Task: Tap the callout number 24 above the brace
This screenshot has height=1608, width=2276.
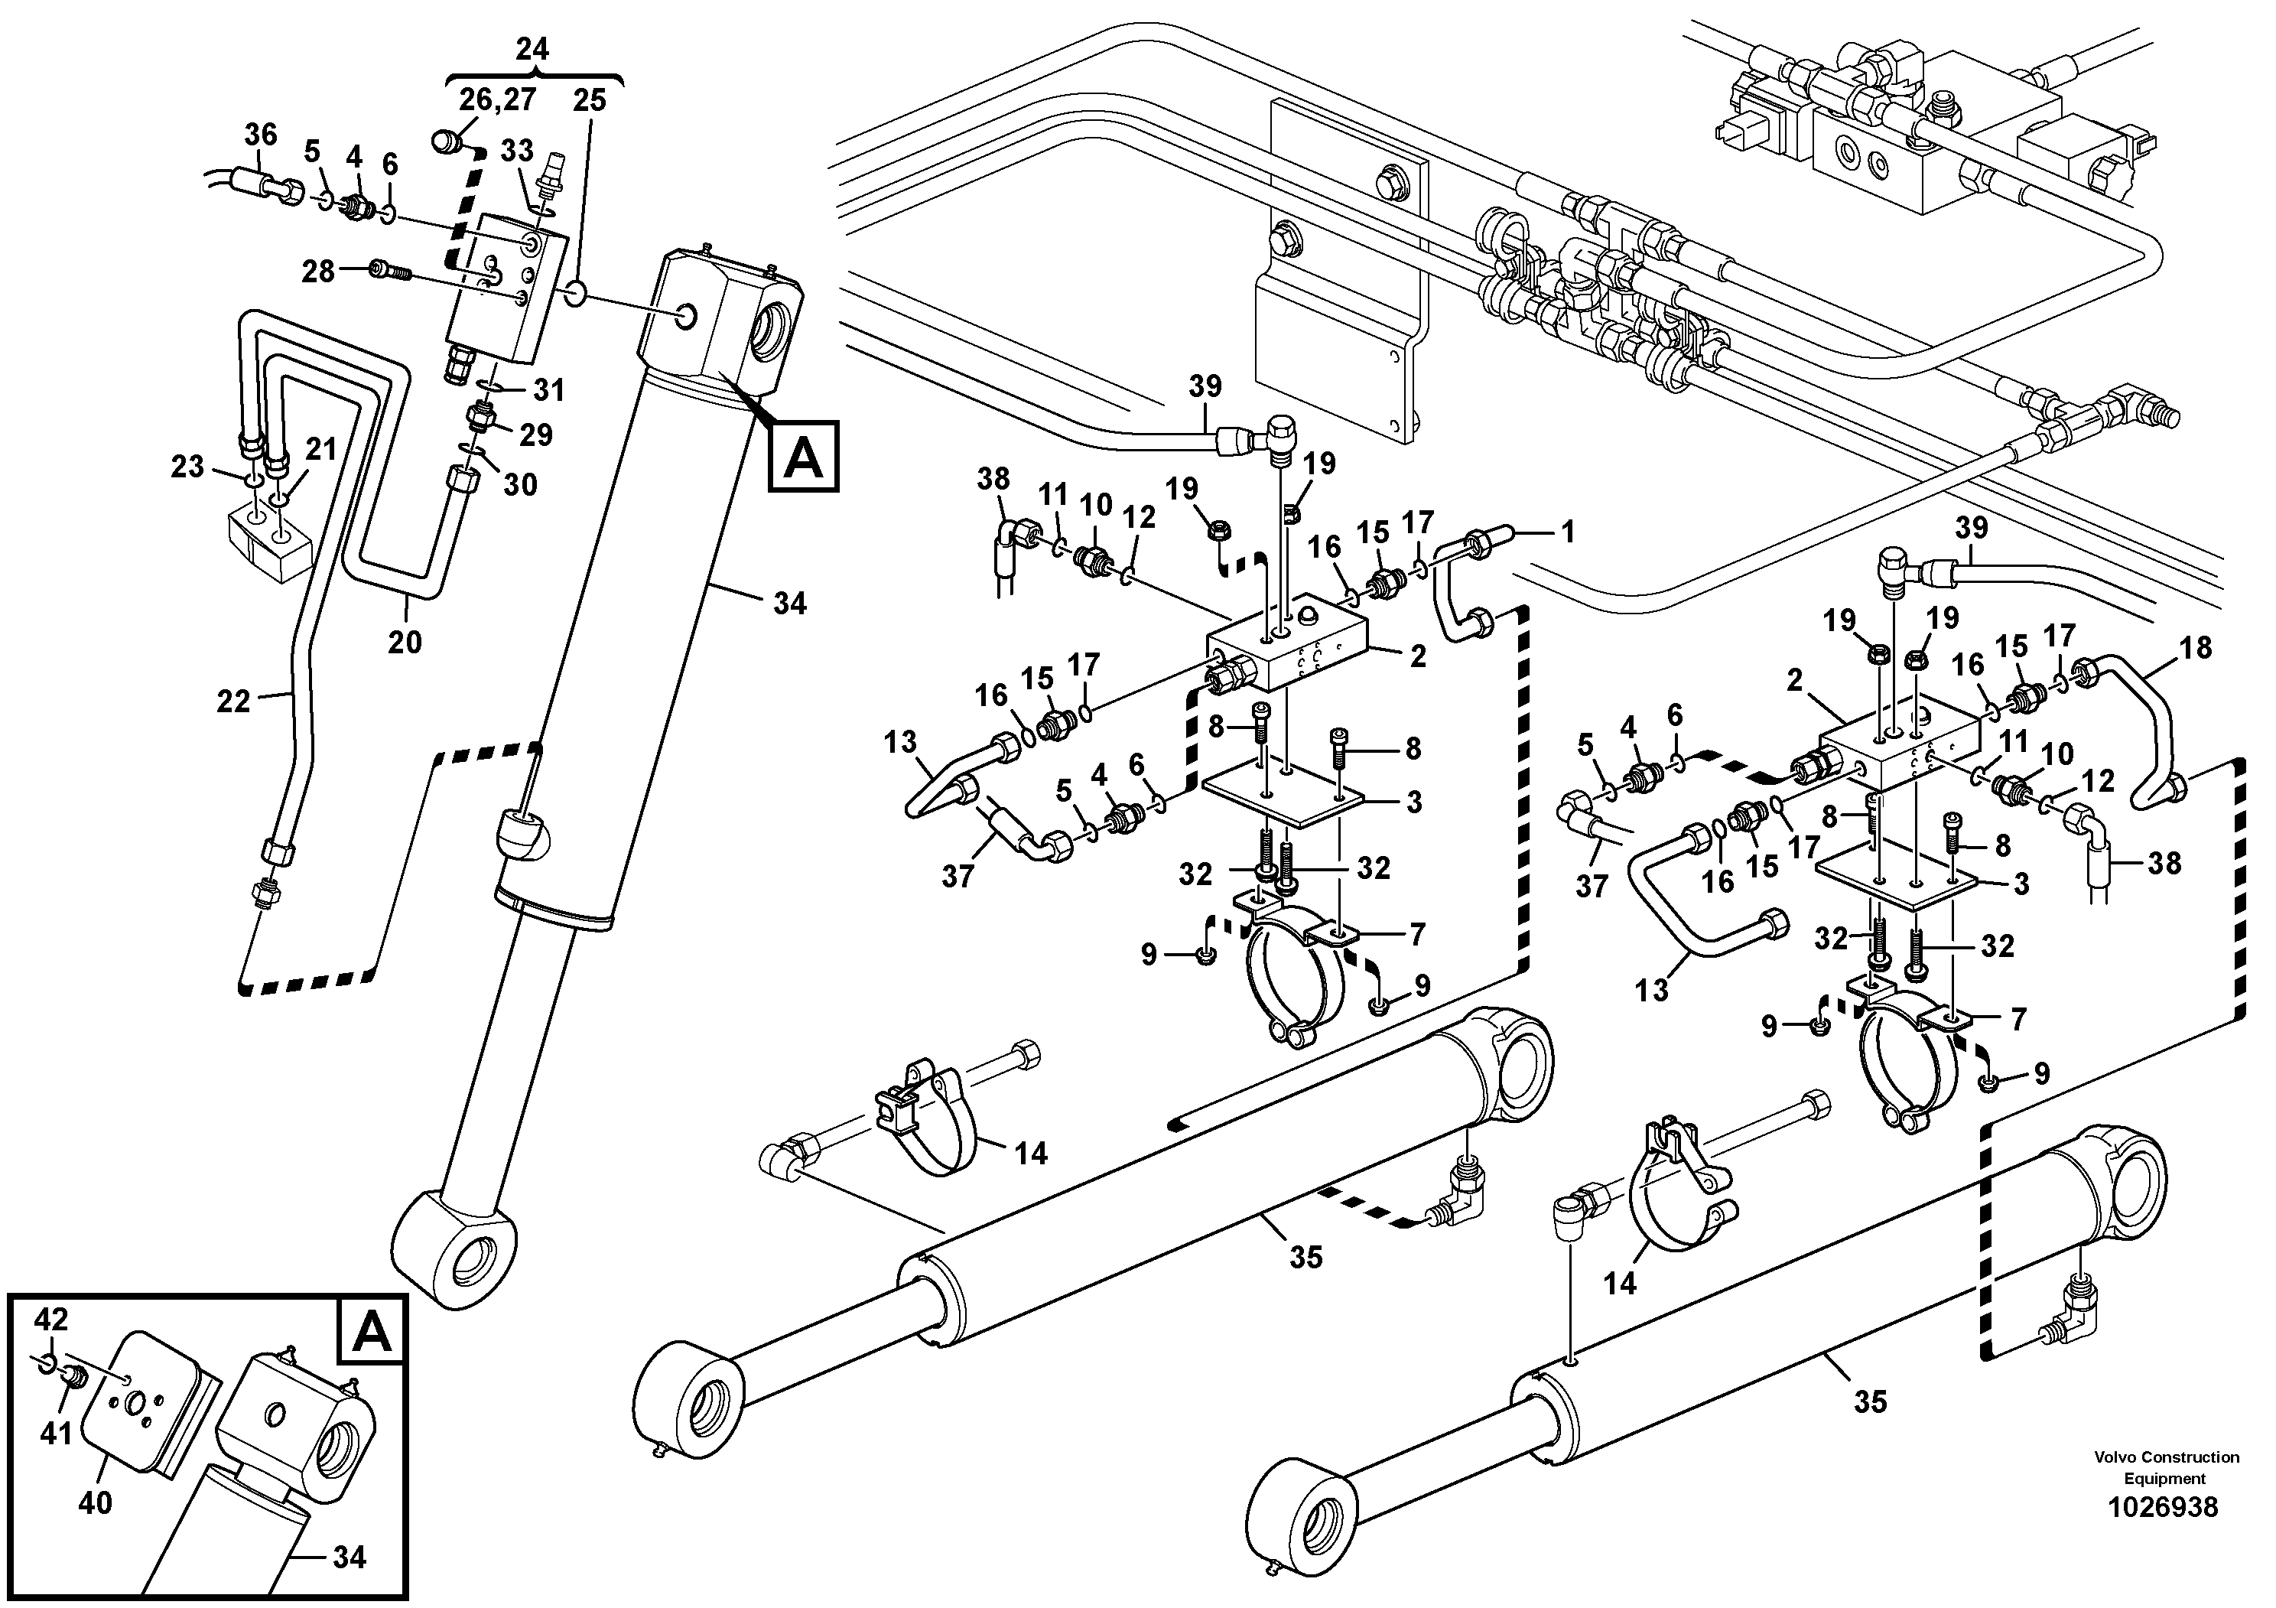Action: [x=532, y=49]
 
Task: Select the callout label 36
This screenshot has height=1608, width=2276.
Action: [x=261, y=134]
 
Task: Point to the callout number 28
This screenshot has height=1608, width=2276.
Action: [x=317, y=271]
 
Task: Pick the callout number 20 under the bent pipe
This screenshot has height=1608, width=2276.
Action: [x=405, y=643]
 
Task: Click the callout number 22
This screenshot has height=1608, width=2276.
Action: [x=234, y=702]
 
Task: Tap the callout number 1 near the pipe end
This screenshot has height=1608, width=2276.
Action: [x=1567, y=532]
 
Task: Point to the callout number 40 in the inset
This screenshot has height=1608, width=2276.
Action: [x=95, y=1504]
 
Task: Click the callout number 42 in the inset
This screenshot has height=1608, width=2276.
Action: [x=50, y=1319]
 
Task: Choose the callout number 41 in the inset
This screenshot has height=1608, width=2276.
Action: [x=56, y=1433]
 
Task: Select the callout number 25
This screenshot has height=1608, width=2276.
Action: [x=589, y=100]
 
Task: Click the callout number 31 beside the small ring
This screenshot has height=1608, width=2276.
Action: [x=548, y=389]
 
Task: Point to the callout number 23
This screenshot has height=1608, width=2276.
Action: [x=187, y=466]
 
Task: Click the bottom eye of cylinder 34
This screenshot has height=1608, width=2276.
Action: [x=457, y=1251]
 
